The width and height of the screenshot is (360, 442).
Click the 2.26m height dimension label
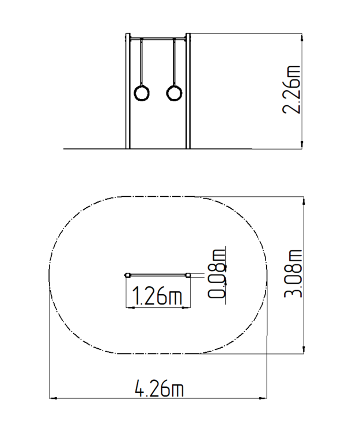tap(291, 90)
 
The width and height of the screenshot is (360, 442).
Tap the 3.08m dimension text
tap(293, 274)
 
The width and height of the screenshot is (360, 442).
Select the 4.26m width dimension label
tap(159, 388)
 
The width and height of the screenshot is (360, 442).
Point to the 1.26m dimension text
tap(157, 296)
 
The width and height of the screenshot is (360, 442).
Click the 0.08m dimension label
tap(217, 273)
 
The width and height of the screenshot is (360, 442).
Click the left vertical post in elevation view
tap(128, 91)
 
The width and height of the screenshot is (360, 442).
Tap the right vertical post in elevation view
tap(188, 91)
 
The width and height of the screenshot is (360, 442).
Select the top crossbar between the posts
tap(158, 39)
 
